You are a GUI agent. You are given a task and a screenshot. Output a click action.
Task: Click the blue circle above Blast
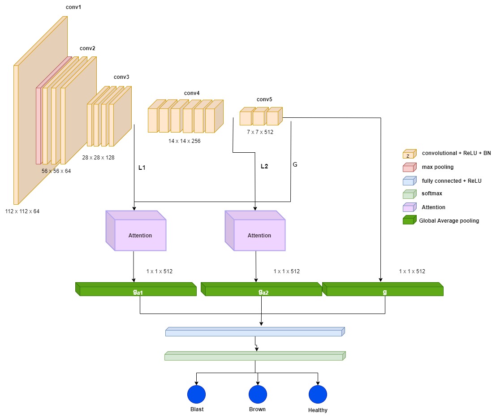pos(196,394)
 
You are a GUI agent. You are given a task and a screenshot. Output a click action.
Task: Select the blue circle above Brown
pos(258,394)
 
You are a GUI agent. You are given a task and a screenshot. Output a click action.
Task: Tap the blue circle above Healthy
pos(318,394)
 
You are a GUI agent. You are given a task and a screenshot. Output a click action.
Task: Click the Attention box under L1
pos(136,231)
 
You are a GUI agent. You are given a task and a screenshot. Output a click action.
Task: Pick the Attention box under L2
pos(255,231)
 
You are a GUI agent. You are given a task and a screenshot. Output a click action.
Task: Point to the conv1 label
pos(73,8)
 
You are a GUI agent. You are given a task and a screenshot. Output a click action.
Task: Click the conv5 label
pos(264,99)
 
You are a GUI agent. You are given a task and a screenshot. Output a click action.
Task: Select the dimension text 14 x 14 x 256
pos(184,141)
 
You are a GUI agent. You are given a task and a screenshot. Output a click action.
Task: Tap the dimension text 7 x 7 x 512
pos(260,132)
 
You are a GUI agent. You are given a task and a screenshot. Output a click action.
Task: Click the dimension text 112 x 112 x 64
pos(22,211)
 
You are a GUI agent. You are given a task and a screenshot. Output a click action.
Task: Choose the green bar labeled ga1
pos(136,289)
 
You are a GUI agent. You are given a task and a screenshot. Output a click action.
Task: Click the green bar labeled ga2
pos(262,289)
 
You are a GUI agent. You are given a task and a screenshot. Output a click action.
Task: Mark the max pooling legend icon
pos(409,167)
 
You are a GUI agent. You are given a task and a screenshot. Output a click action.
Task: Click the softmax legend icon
pos(409,194)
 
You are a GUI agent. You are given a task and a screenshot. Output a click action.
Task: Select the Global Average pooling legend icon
pos(409,220)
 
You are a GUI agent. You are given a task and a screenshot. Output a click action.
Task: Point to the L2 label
pos(264,167)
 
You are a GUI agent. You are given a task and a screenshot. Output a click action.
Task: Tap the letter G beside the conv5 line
pos(295,164)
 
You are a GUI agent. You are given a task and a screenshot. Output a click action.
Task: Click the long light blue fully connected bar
pos(255,332)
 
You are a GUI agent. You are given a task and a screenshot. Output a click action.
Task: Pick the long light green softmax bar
pos(255,356)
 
